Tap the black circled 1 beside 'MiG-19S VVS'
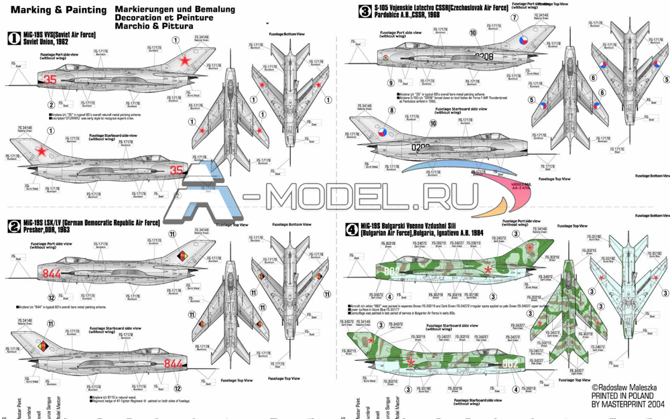point(13,40)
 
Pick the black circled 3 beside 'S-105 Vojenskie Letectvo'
point(364,11)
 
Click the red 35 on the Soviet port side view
point(50,79)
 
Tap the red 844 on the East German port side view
point(52,274)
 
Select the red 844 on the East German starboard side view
point(173,364)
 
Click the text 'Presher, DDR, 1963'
point(40,229)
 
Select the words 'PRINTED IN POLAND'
point(626,396)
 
